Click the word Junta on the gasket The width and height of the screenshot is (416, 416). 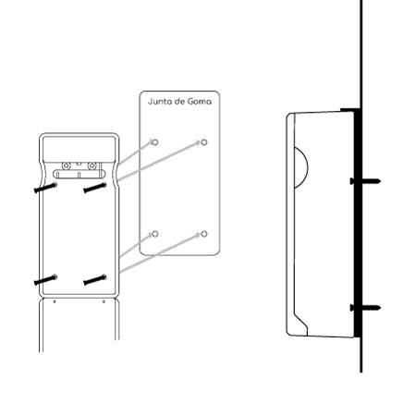[156, 102]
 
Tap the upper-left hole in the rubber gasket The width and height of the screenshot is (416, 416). [155, 142]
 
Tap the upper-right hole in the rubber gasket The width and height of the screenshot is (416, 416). [204, 142]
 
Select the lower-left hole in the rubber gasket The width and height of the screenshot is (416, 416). [155, 234]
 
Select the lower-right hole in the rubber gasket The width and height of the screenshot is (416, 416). [204, 234]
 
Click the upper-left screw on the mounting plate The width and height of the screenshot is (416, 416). [45, 188]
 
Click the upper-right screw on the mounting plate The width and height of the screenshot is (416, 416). [95, 188]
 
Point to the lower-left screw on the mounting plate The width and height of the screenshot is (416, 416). [45, 279]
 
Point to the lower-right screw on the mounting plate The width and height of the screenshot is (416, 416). [95, 279]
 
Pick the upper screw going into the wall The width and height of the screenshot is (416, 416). [365, 181]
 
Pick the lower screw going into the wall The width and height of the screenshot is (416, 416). [365, 308]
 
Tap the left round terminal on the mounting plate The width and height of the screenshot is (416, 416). [66, 165]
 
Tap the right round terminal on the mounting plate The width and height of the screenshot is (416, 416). [92, 165]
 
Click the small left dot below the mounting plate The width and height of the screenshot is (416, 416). [55, 301]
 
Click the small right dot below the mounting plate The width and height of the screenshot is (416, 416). [104, 301]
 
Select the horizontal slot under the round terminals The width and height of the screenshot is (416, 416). [79, 174]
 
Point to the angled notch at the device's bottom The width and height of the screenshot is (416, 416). [301, 321]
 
